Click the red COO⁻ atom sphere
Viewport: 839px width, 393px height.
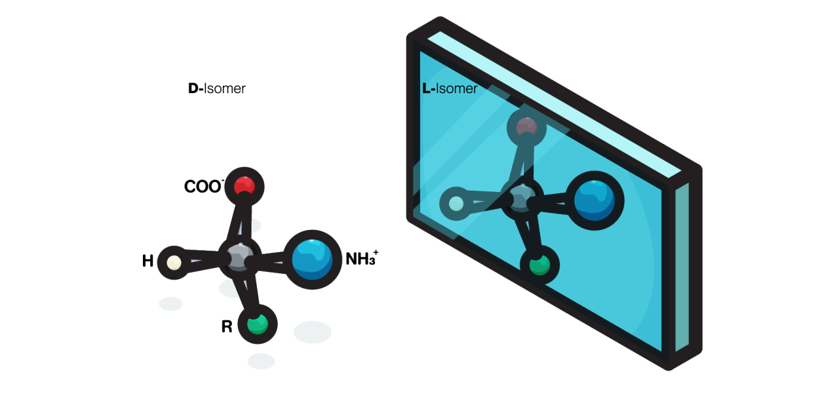point(244,186)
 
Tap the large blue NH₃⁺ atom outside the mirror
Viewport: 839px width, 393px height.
point(312,259)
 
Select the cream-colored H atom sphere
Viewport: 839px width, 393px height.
point(174,263)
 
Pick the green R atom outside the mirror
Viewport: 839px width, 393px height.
point(258,324)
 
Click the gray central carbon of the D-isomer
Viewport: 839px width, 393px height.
point(240,257)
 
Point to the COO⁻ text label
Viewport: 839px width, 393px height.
point(204,187)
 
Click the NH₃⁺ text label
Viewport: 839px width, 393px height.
point(362,258)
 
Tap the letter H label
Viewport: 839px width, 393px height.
point(147,261)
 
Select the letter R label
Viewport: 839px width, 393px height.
point(227,326)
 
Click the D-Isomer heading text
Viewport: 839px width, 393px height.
point(217,88)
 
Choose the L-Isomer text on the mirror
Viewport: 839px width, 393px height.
point(450,88)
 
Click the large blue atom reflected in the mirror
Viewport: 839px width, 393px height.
point(595,200)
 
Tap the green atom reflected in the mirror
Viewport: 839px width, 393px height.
point(539,265)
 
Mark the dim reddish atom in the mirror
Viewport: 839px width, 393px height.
point(526,128)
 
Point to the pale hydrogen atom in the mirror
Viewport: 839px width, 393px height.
point(456,204)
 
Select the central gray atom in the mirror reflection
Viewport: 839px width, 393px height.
point(522,198)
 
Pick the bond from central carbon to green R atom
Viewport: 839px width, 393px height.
point(247,291)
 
